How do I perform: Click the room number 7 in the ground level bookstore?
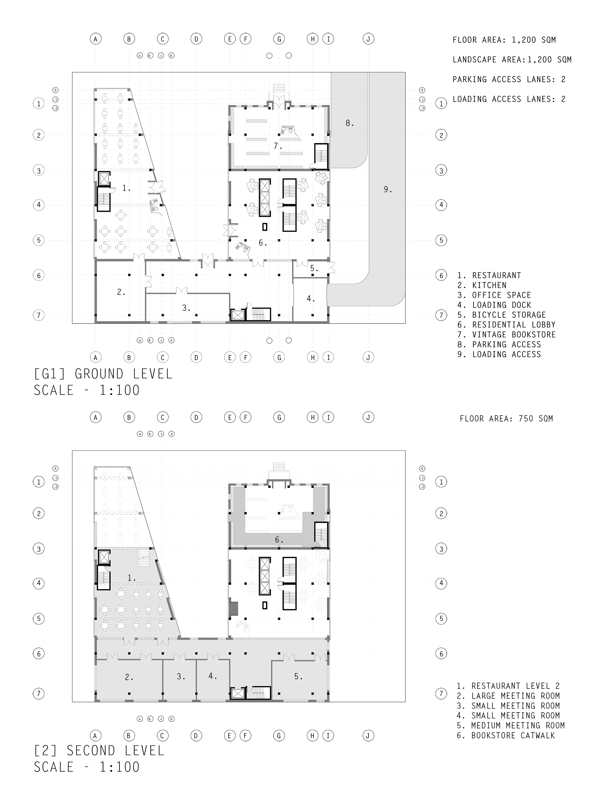tap(277, 146)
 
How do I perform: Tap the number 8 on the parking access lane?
tap(349, 123)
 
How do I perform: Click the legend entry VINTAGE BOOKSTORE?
tap(506, 335)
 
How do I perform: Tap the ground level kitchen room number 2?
tap(120, 292)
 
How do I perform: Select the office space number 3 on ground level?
tap(185, 308)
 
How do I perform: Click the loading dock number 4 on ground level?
tap(310, 299)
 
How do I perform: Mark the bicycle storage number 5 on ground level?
tap(314, 268)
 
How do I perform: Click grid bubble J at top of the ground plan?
tap(368, 39)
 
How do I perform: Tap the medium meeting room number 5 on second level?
tap(298, 676)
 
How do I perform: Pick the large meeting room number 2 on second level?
tap(128, 677)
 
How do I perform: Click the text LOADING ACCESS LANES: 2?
tap(509, 99)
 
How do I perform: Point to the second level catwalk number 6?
tap(278, 540)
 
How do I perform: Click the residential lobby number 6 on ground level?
tap(262, 243)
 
